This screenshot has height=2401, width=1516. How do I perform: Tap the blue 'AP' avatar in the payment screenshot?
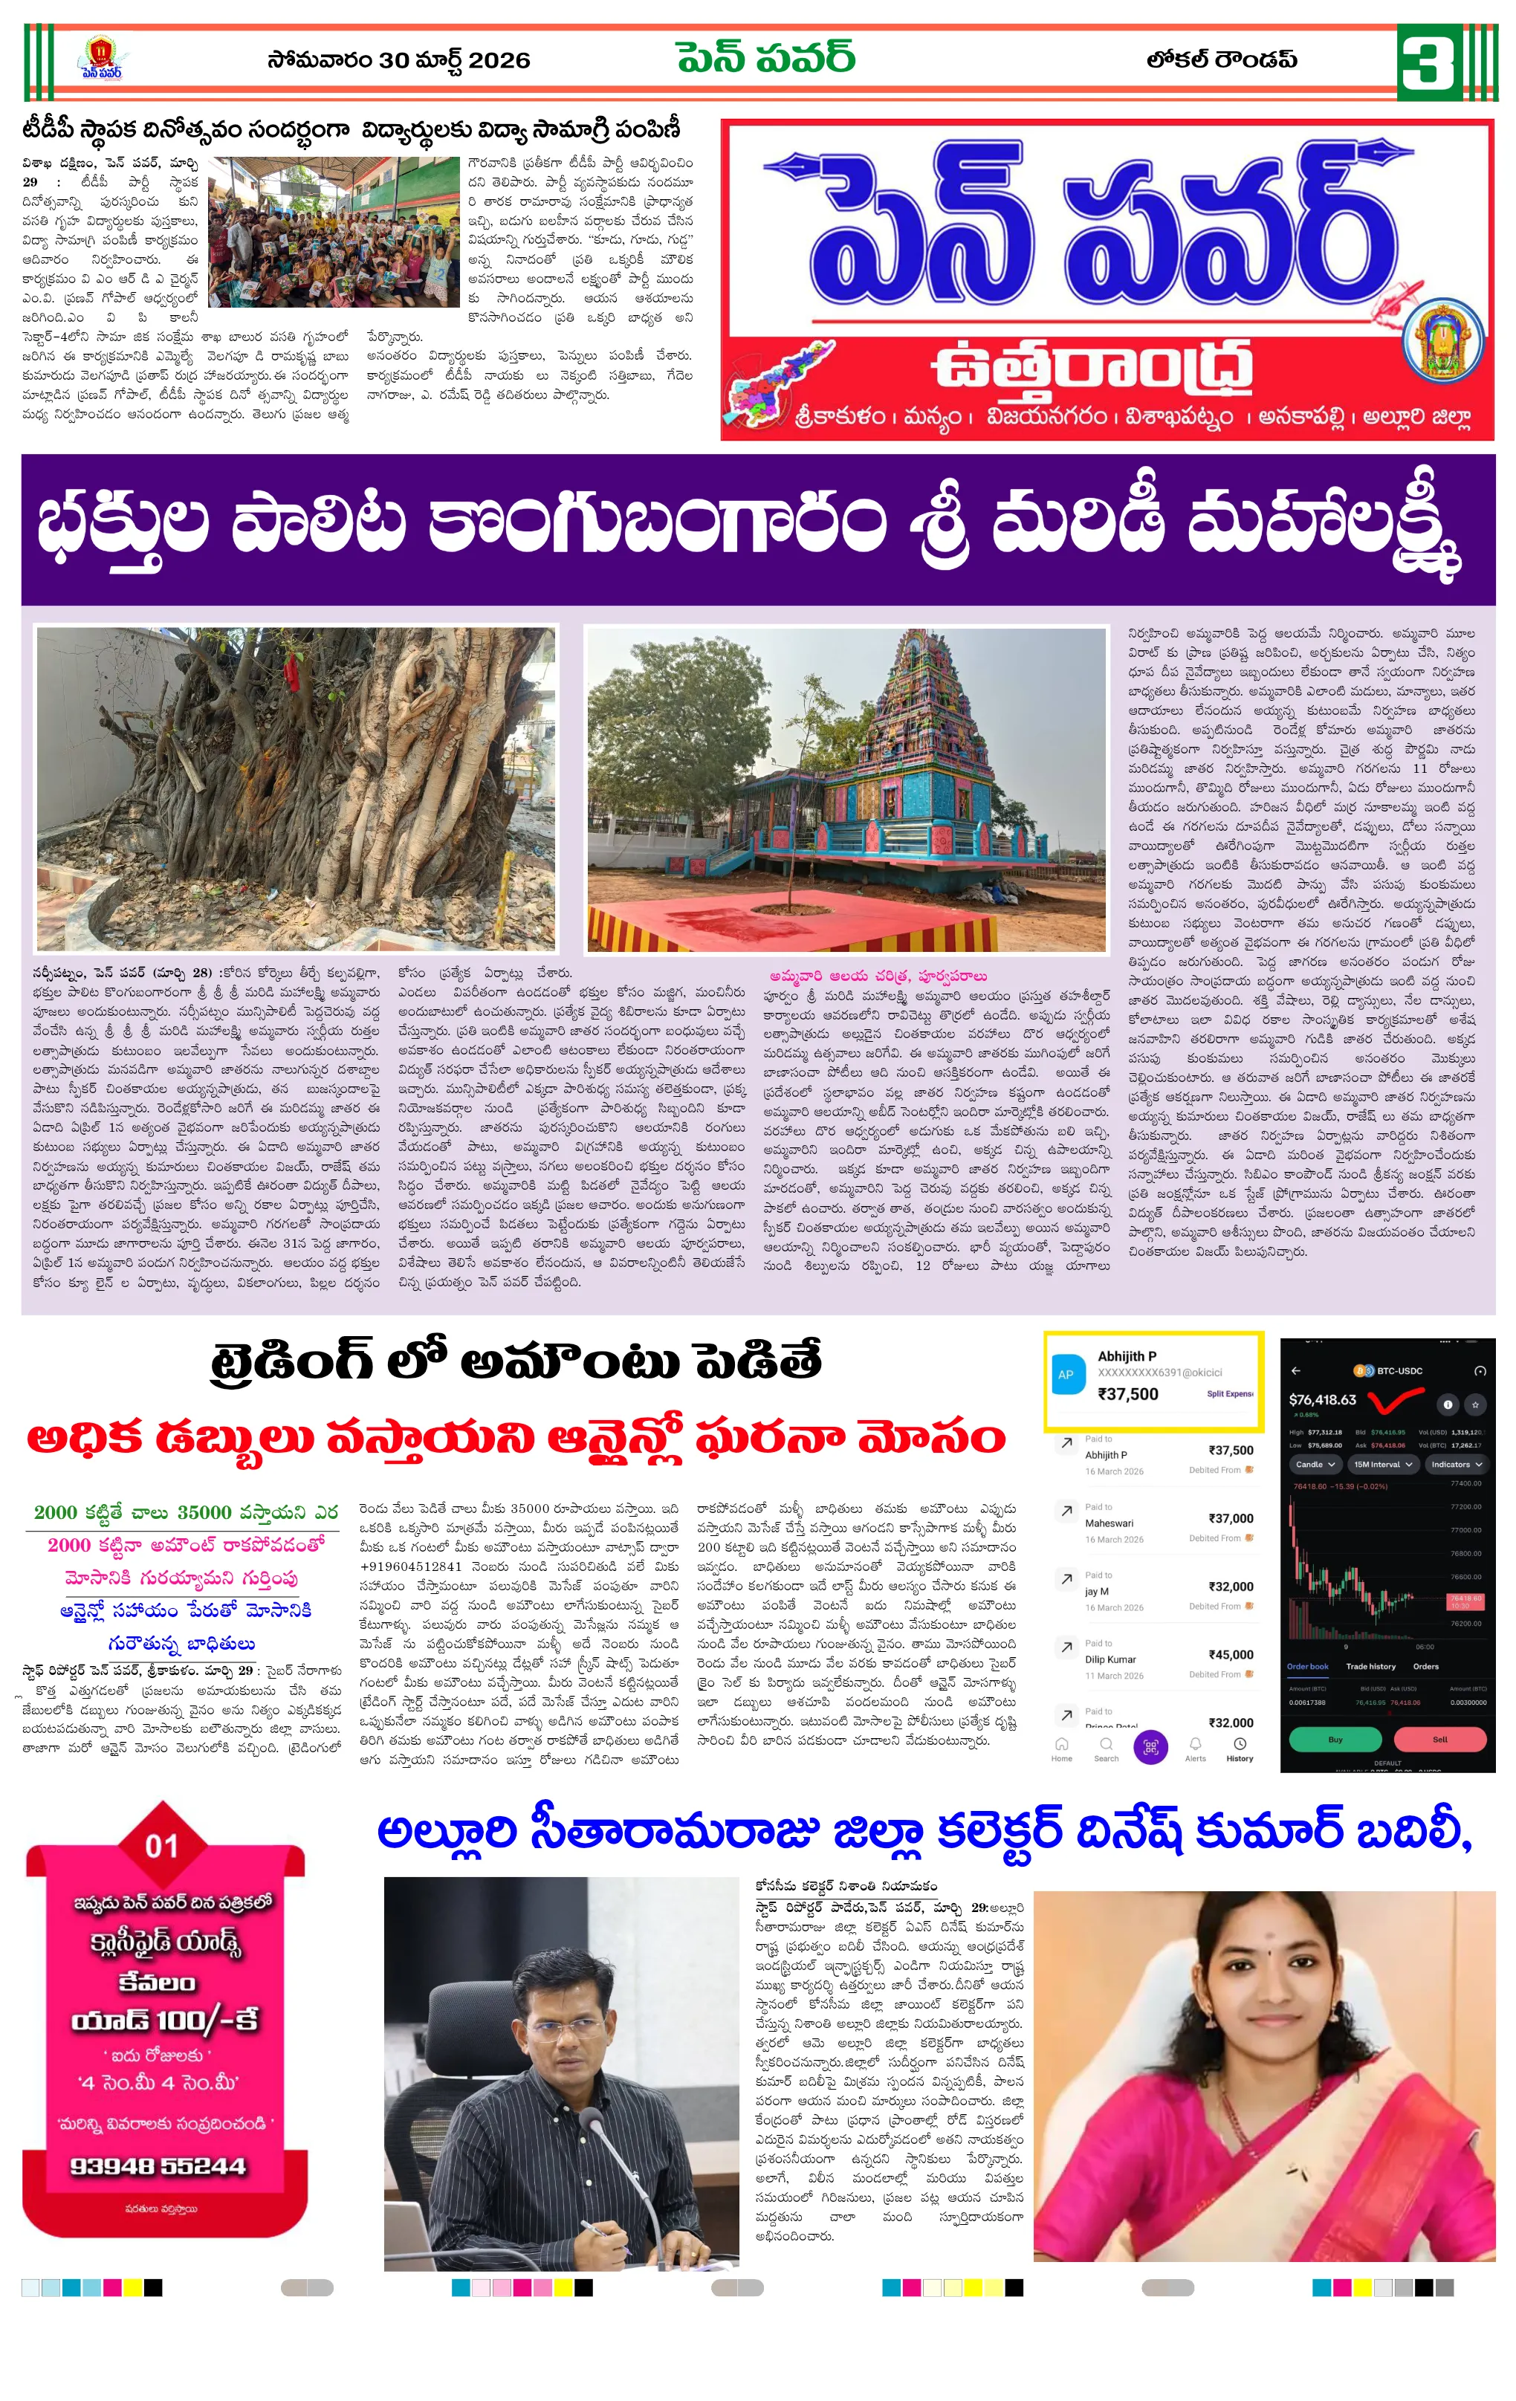tap(1065, 1374)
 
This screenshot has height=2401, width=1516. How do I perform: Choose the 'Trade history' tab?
tap(1370, 1666)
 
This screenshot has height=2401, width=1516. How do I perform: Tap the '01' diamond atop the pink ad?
tap(161, 1847)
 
